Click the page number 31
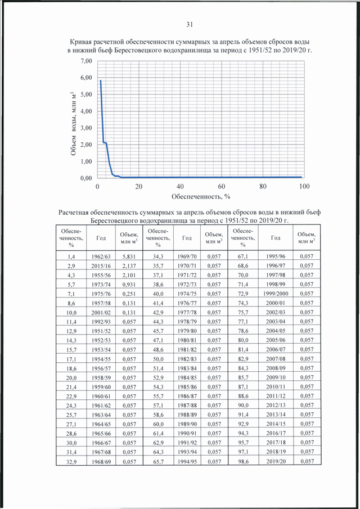pyautogui.click(x=190, y=24)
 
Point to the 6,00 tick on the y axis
pyautogui.click(x=86, y=78)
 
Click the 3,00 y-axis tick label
pyautogui.click(x=86, y=128)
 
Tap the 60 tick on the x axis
pyautogui.click(x=222, y=186)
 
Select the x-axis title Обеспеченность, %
pyautogui.click(x=201, y=196)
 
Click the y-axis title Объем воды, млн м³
pyautogui.click(x=74, y=124)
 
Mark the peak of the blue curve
pyautogui.click(x=101, y=80)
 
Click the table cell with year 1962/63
pyautogui.click(x=101, y=256)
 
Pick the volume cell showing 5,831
pyautogui.click(x=129, y=256)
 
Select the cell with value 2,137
pyautogui.click(x=129, y=266)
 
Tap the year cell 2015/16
pyautogui.click(x=101, y=266)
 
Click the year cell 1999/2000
pyautogui.click(x=276, y=294)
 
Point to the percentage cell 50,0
pyautogui.click(x=158, y=359)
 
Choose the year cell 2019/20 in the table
pyautogui.click(x=276, y=461)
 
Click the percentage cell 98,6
pyautogui.click(x=243, y=461)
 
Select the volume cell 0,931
pyautogui.click(x=129, y=285)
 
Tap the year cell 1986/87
pyautogui.click(x=187, y=396)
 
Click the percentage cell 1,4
pyautogui.click(x=71, y=256)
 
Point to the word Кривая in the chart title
pyautogui.click(x=80, y=42)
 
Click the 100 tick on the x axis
pyautogui.click(x=304, y=186)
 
